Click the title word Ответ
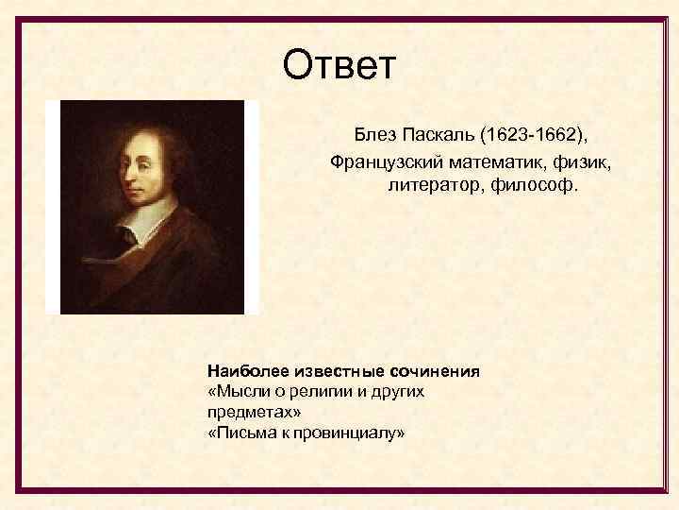(x=340, y=66)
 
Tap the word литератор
(x=432, y=186)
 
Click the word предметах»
(x=253, y=413)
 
